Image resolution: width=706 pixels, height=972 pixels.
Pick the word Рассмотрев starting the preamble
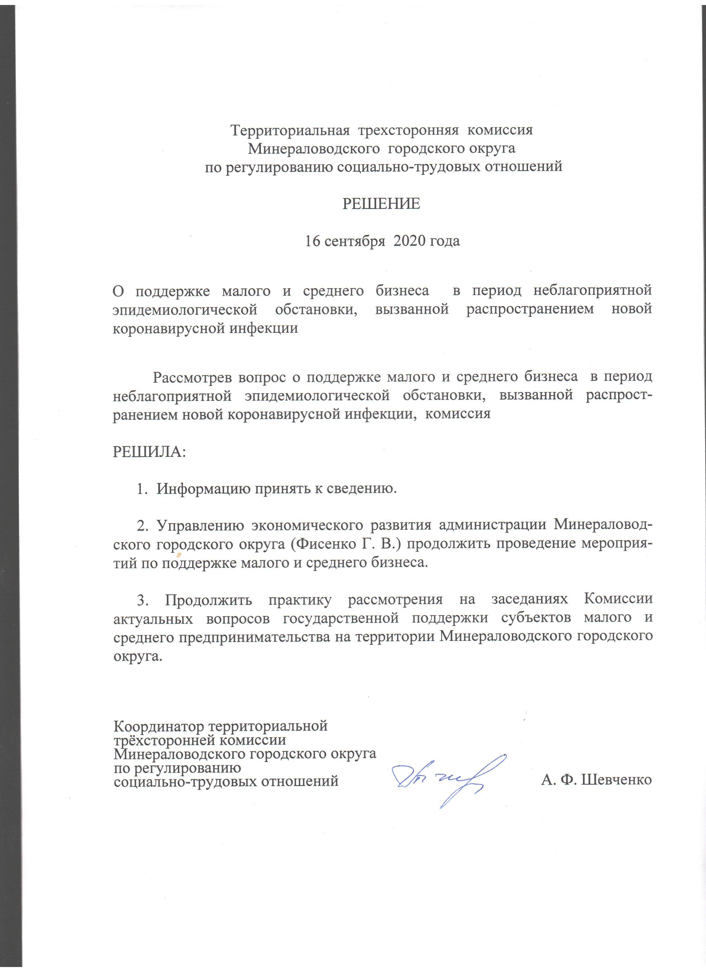click(x=193, y=377)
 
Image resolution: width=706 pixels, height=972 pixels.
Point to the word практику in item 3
click(x=300, y=599)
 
